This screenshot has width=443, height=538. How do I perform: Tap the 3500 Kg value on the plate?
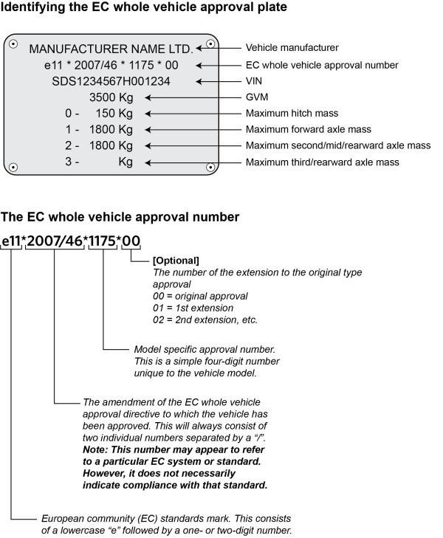[110, 97]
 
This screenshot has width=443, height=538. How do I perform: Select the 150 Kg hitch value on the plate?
[114, 114]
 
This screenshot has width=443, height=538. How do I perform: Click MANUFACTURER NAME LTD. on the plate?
[111, 49]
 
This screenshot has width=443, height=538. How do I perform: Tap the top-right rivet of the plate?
[210, 44]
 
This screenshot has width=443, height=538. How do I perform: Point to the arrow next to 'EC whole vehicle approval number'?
[221, 65]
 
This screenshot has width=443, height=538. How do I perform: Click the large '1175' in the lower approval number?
[102, 240]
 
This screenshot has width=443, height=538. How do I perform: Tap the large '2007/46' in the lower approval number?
[54, 240]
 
